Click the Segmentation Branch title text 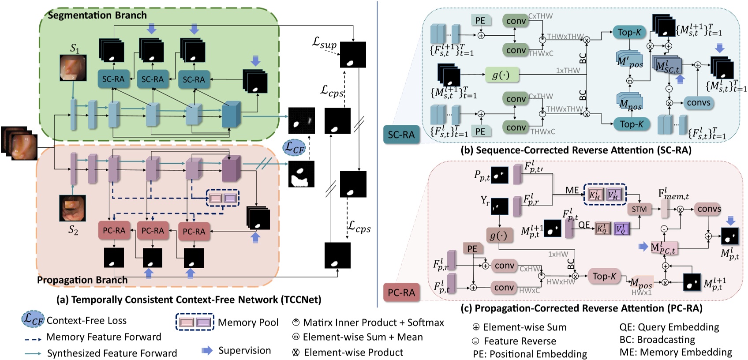click(97, 15)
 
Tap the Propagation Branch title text click(82, 280)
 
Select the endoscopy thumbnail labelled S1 click(73, 68)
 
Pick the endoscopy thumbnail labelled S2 click(72, 208)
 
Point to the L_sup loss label click(325, 43)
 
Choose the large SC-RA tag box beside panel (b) click(401, 135)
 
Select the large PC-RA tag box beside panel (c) click(401, 292)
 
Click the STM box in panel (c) click(639, 209)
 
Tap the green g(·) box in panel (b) click(501, 75)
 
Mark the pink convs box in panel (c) click(709, 209)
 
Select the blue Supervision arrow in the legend click(207, 351)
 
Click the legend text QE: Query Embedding click(669, 327)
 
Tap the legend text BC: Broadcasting click(657, 340)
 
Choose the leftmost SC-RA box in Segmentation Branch click(113, 79)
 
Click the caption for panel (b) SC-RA click(576, 150)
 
